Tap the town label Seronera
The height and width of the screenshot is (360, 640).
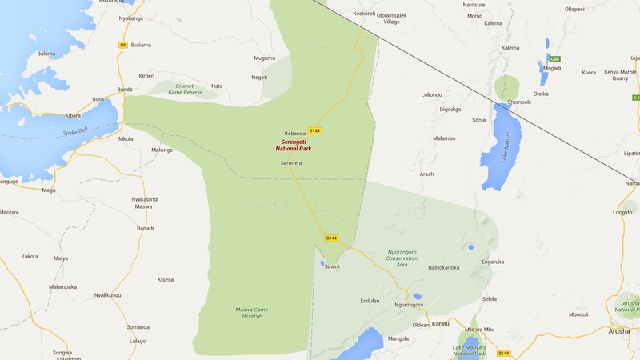tap(291, 162)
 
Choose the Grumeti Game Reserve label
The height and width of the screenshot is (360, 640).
tap(186, 90)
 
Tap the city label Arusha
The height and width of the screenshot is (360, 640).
tap(618, 330)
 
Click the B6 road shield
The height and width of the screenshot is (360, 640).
tap(123, 45)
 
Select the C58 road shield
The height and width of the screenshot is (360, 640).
tap(554, 59)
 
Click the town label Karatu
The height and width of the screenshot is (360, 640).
tap(442, 324)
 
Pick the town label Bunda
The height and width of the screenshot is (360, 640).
tap(125, 90)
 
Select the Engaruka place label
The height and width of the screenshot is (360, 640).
tap(493, 261)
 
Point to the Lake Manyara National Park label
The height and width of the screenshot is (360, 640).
tap(470, 350)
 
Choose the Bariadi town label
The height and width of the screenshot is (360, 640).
tap(145, 228)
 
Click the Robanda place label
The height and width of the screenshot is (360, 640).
tap(295, 133)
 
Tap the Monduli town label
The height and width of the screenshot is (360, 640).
tap(578, 314)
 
